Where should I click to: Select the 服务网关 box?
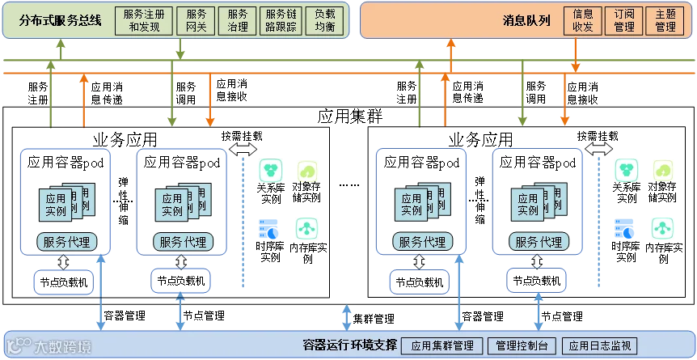point(196,20)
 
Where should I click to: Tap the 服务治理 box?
point(238,20)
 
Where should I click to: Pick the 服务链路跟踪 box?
point(281,20)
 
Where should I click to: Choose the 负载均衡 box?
point(325,20)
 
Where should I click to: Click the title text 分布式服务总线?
point(60,20)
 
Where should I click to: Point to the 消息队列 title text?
point(526,20)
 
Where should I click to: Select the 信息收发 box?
point(583,20)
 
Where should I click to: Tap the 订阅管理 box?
point(624,20)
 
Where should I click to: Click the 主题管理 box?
point(665,20)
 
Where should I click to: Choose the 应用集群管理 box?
point(441,346)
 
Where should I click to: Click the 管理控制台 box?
point(522,346)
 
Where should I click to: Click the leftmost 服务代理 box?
point(65,241)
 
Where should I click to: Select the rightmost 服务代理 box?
point(539,241)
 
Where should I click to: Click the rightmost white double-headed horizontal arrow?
point(599,149)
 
